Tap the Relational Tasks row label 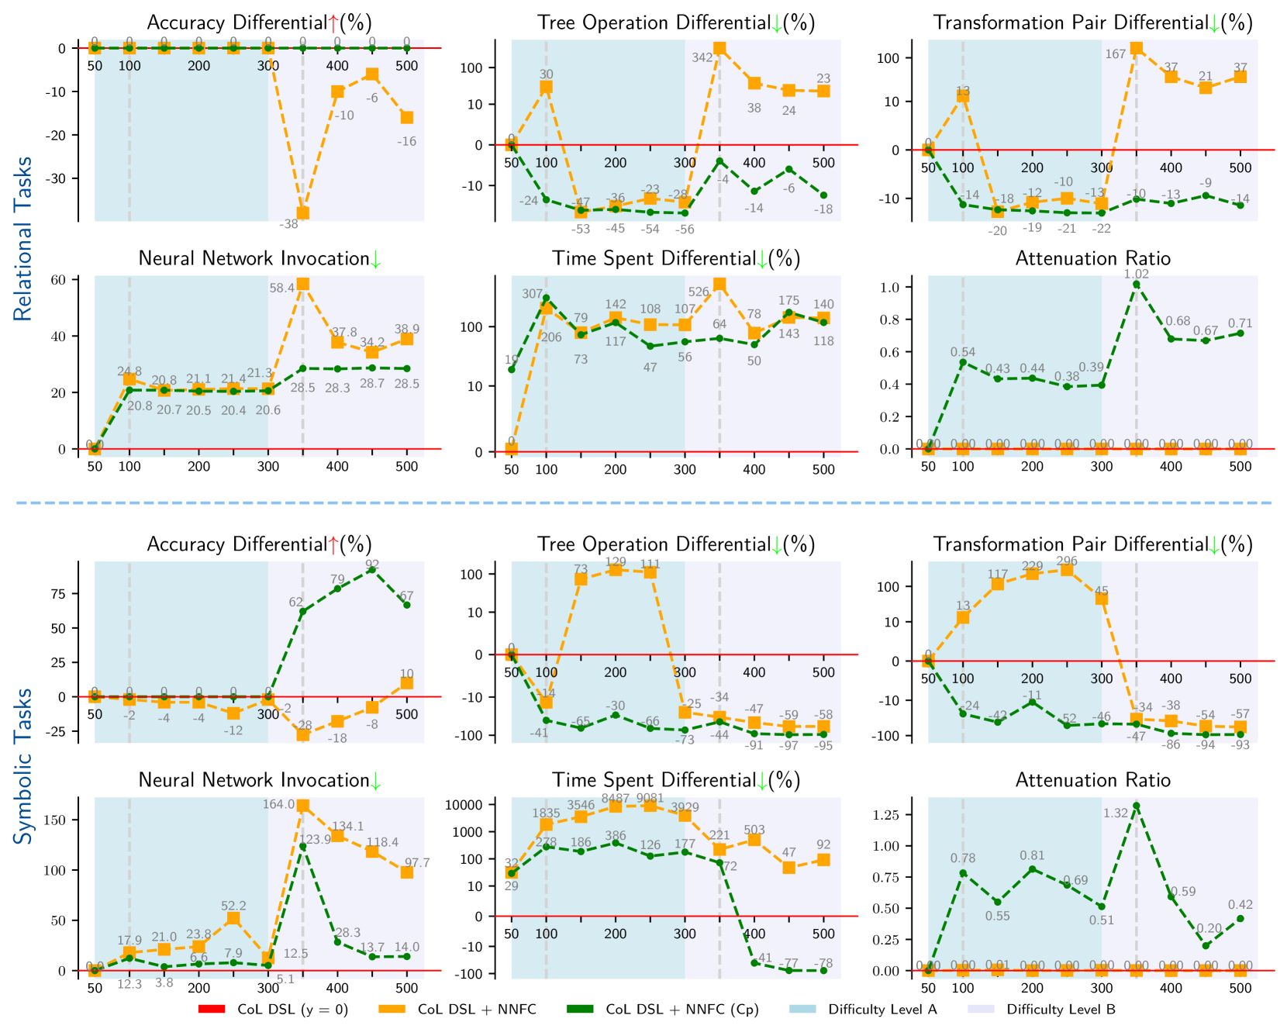point(23,239)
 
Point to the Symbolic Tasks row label point(23,765)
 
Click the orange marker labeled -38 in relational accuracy point(302,212)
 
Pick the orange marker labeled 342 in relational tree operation point(719,48)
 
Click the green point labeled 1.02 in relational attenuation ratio point(1136,285)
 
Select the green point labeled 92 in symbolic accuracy point(372,569)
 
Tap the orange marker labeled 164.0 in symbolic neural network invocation point(303,806)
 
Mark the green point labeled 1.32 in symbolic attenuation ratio point(1136,806)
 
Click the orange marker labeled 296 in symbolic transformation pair point(1067,570)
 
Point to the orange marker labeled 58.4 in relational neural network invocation point(302,284)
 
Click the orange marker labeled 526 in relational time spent point(719,285)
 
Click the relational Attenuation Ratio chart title point(1092,258)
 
